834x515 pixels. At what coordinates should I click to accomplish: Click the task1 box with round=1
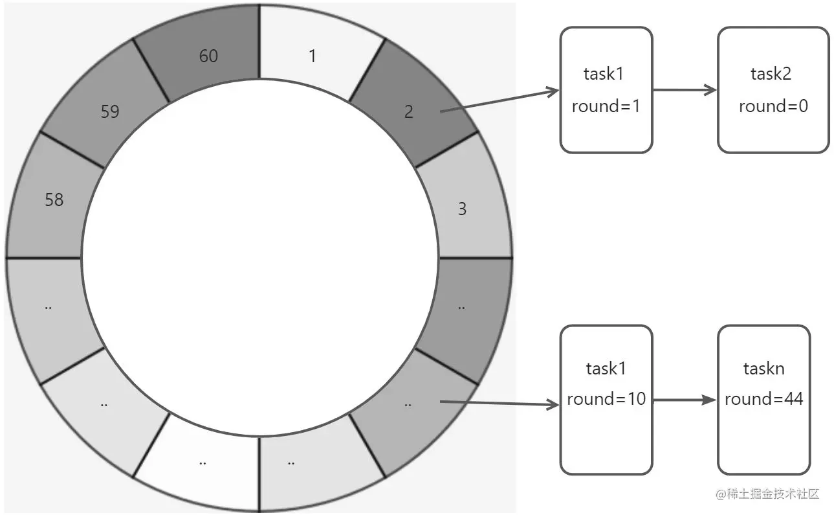606,90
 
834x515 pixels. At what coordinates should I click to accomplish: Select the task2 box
773,90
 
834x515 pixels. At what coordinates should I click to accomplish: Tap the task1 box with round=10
606,400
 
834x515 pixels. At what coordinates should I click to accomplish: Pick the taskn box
764,400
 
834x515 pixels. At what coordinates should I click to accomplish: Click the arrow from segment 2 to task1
498,101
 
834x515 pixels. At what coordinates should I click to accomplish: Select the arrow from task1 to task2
685,90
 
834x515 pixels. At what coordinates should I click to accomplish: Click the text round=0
773,106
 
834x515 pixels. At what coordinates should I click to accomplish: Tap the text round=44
764,399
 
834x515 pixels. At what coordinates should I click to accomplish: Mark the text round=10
606,399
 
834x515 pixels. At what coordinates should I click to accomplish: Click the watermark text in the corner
767,494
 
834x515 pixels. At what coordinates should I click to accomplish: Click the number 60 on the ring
208,56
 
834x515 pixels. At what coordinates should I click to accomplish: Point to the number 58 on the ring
54,200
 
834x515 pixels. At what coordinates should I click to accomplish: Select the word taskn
764,369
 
